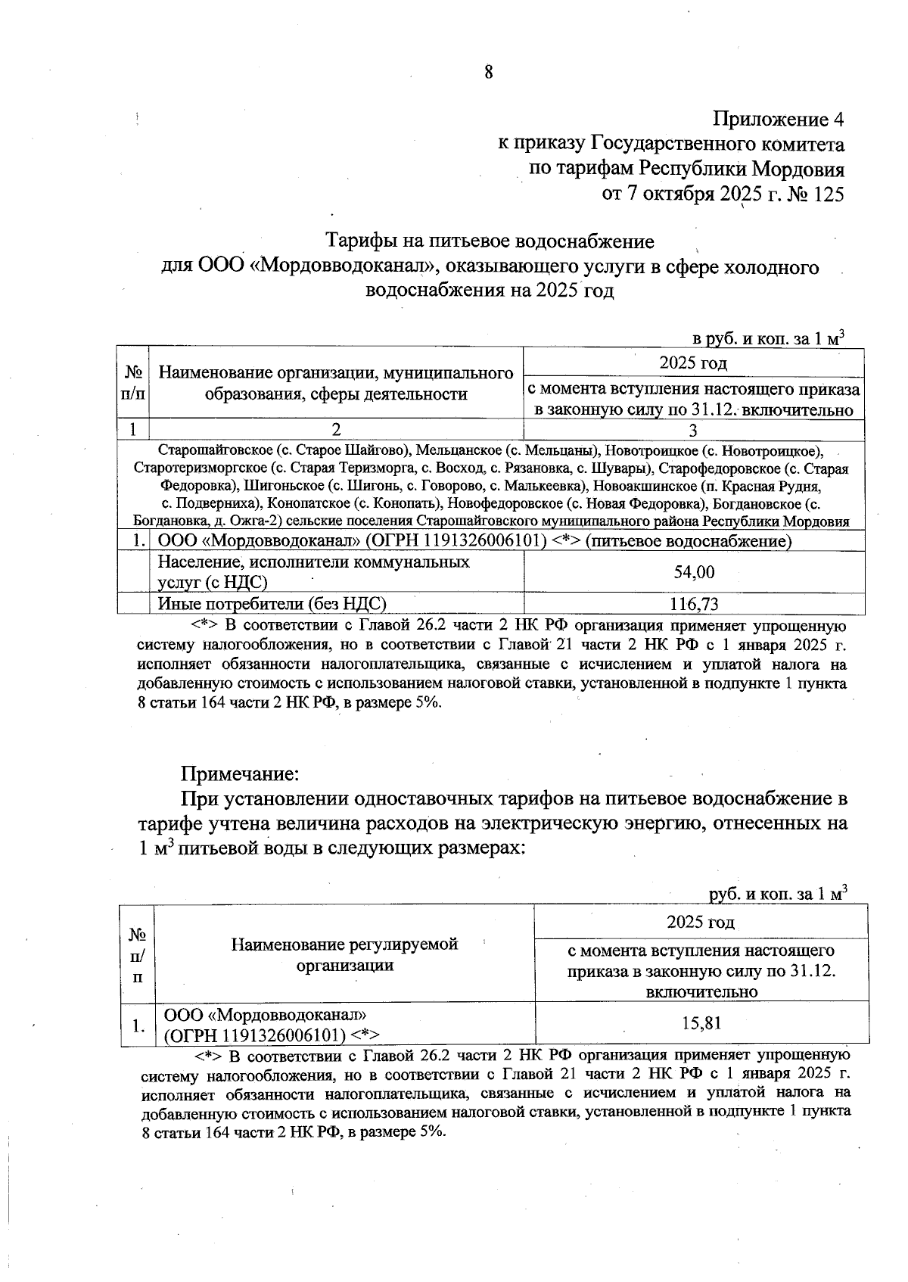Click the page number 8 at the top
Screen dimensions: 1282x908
pyautogui.click(x=488, y=72)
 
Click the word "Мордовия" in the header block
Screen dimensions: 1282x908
pyautogui.click(x=798, y=169)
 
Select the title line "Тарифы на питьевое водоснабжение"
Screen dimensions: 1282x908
pyautogui.click(x=490, y=241)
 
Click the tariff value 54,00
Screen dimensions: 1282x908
pyautogui.click(x=694, y=572)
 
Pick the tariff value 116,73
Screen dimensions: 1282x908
pyautogui.click(x=694, y=604)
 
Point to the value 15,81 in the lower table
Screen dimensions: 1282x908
pyautogui.click(x=701, y=1024)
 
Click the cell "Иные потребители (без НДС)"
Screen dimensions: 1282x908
pyautogui.click(x=272, y=604)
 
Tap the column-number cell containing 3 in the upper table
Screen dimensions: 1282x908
pyautogui.click(x=694, y=429)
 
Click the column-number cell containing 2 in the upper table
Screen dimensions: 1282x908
pyautogui.click(x=336, y=429)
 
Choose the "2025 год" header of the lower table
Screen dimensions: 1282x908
pyautogui.click(x=701, y=922)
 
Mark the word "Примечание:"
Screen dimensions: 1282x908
pyautogui.click(x=240, y=775)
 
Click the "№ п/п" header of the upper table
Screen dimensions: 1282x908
pyautogui.click(x=132, y=383)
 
